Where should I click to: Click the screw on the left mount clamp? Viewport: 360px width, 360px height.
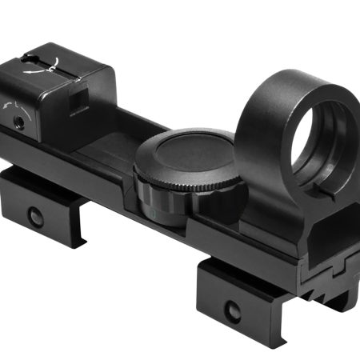click(x=35, y=216)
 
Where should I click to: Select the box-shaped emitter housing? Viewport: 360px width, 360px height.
click(x=60, y=88)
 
